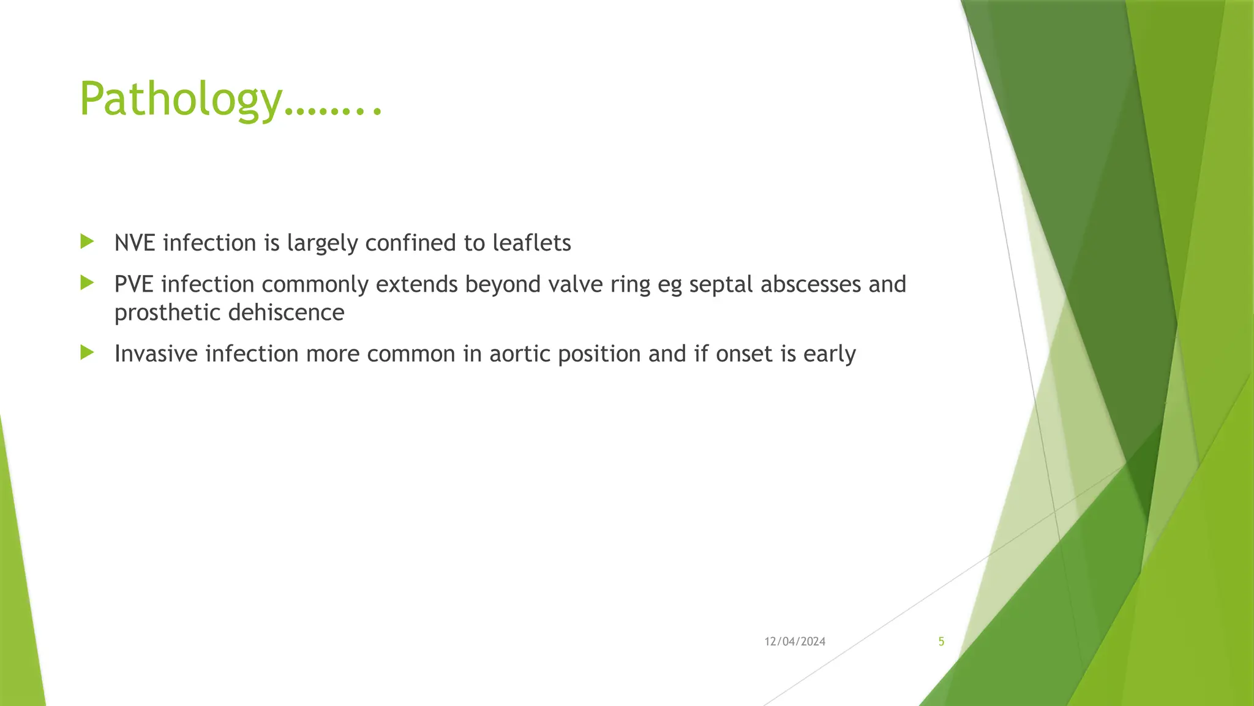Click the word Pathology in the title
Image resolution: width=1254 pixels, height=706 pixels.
(x=181, y=100)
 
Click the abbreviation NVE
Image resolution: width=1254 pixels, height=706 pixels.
(x=135, y=243)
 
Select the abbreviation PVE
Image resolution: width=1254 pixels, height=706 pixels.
(x=134, y=284)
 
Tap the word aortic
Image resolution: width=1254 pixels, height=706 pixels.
(x=519, y=354)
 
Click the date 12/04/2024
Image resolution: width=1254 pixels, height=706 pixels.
(x=795, y=642)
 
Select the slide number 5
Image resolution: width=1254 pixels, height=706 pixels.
(x=941, y=642)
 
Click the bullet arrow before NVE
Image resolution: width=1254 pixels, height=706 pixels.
(x=87, y=241)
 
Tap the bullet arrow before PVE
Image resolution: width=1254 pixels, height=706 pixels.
(x=87, y=283)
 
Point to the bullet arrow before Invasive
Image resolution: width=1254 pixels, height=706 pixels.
(x=87, y=352)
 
